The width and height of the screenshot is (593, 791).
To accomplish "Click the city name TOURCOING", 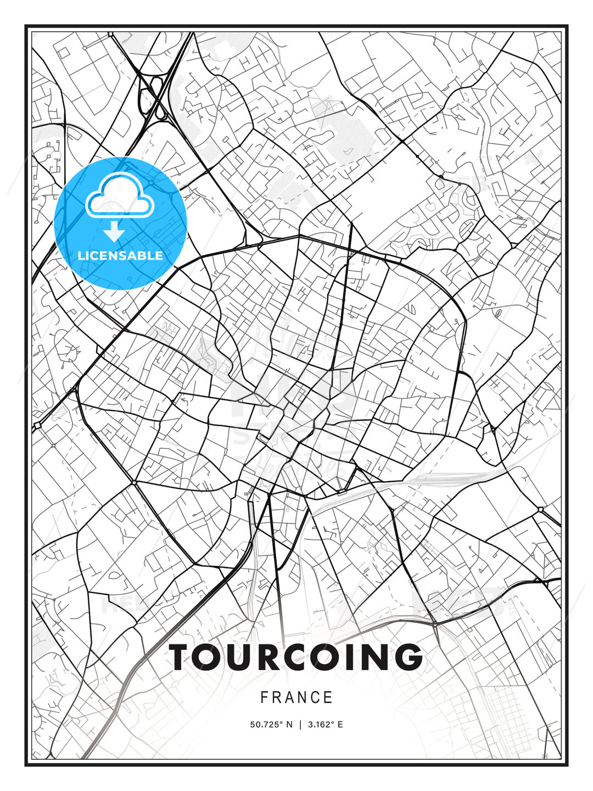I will click(296, 657).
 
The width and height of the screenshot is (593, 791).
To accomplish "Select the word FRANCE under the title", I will click(296, 698).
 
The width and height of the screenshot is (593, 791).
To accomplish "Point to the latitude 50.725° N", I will click(271, 725).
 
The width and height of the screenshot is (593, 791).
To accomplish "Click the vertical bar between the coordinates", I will click(300, 725).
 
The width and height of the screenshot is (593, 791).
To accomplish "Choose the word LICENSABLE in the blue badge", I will click(120, 255).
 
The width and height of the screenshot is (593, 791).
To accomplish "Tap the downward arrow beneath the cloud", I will click(114, 231).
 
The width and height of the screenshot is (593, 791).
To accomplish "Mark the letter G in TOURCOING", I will click(408, 657).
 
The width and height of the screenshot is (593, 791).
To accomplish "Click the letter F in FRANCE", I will click(264, 698).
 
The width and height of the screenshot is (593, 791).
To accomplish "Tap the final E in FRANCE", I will click(328, 698).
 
